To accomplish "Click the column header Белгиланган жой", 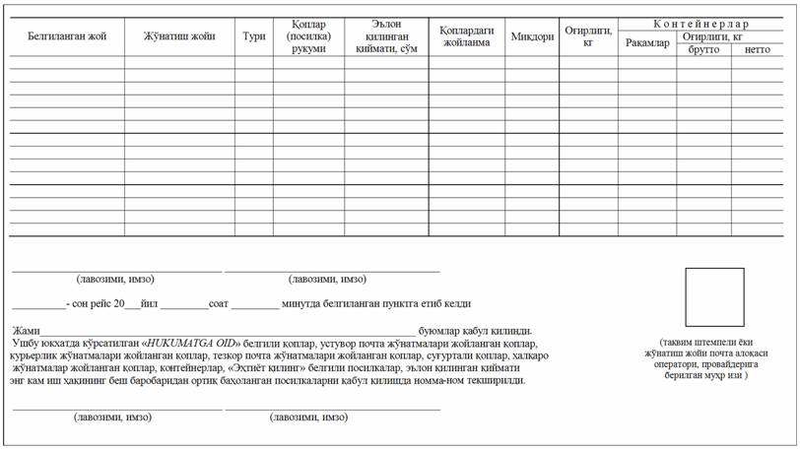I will pyautogui.click(x=67, y=36).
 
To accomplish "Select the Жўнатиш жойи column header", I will pyautogui.click(x=179, y=36).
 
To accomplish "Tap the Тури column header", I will pyautogui.click(x=254, y=36).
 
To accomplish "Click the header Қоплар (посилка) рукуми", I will pyautogui.click(x=308, y=36).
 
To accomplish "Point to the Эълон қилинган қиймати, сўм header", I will pyautogui.click(x=386, y=36).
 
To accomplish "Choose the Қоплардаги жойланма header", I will pyautogui.click(x=466, y=36).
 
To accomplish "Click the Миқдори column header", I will pyautogui.click(x=532, y=36).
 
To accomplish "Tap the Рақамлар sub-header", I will pyautogui.click(x=647, y=42).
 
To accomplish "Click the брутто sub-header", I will pyautogui.click(x=703, y=49).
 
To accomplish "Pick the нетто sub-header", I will pyautogui.click(x=758, y=49).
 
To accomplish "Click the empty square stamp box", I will pyautogui.click(x=714, y=296).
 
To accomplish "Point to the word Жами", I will pyautogui.click(x=26, y=330).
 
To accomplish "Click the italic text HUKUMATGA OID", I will pyautogui.click(x=193, y=343).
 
